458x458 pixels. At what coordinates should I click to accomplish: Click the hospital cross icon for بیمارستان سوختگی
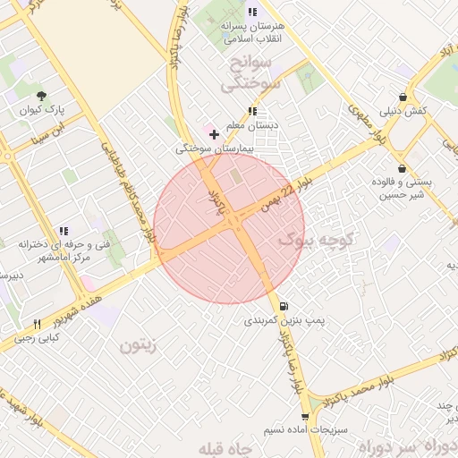click(x=213, y=133)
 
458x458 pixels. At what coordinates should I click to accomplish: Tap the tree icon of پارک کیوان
click(x=41, y=95)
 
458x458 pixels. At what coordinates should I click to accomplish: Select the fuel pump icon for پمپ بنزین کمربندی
click(x=284, y=305)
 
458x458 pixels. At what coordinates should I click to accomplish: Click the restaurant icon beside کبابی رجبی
click(x=37, y=324)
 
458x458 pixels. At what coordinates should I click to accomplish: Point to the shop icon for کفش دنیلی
click(x=403, y=97)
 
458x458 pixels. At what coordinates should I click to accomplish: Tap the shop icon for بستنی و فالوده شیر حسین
click(x=402, y=168)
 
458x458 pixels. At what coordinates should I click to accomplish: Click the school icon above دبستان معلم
click(x=253, y=112)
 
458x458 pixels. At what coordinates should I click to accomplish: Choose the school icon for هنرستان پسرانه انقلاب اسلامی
click(x=252, y=13)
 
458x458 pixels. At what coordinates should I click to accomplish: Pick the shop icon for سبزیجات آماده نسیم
click(x=307, y=417)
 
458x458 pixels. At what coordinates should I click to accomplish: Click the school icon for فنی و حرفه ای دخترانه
click(x=63, y=231)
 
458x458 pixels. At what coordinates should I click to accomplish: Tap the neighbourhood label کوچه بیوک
click(x=318, y=240)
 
